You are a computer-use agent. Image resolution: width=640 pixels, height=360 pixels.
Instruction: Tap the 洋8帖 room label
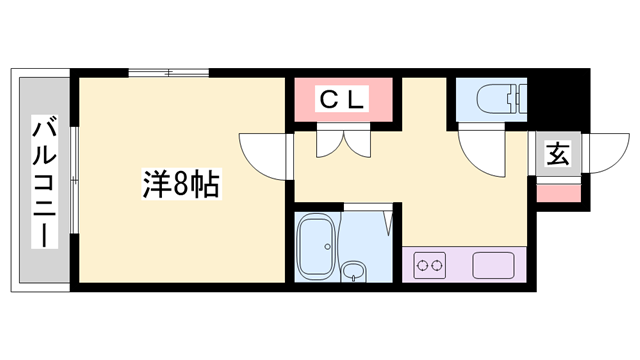coord(180,185)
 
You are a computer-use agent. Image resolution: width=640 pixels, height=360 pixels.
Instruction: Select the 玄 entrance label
coord(558,156)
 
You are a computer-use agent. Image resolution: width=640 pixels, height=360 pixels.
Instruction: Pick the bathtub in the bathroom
coord(316,246)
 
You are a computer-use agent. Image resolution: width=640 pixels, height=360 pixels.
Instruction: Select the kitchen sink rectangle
coord(493,266)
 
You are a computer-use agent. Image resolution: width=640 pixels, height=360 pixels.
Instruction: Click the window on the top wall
coord(169,72)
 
